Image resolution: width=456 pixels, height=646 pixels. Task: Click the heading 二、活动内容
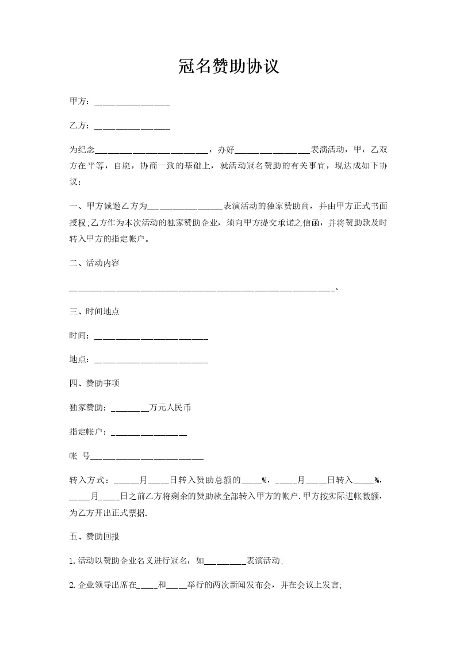[x=94, y=263]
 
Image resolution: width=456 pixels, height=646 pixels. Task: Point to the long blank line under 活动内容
[x=201, y=289]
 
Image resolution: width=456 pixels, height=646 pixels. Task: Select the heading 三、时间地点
[x=94, y=311]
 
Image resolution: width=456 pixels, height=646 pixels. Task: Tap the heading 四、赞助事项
[x=94, y=383]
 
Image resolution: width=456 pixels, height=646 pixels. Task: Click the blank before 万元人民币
[x=129, y=408]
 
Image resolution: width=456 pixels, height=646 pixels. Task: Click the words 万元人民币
[x=170, y=408]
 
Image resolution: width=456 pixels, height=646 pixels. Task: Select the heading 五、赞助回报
[x=94, y=537]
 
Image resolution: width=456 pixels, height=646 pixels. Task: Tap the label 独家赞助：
[x=88, y=408]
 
